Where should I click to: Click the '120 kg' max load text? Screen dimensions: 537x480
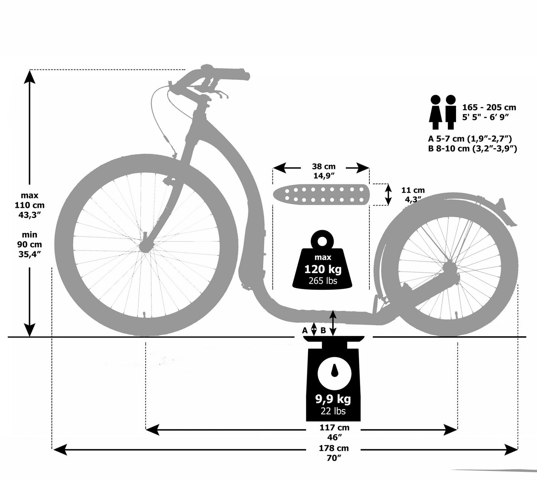(x=323, y=269)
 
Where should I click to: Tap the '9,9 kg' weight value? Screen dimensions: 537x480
(x=333, y=399)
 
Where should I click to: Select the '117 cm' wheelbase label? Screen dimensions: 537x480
(x=334, y=428)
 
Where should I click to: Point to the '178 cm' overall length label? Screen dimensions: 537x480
(x=334, y=448)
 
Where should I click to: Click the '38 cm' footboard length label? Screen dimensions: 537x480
(x=324, y=166)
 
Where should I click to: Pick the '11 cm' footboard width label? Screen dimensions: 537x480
(x=413, y=190)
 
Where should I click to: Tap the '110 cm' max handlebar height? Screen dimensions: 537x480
(x=29, y=205)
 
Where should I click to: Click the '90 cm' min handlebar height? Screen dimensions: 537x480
(x=29, y=244)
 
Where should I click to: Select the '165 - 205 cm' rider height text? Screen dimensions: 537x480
(x=489, y=108)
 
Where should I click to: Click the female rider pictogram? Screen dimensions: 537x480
(x=436, y=112)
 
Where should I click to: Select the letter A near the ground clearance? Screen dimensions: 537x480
(x=305, y=330)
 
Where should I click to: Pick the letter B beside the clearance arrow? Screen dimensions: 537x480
(x=323, y=330)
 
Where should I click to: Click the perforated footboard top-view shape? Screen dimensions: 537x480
(x=321, y=194)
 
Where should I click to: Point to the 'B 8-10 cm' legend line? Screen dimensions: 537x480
(x=473, y=148)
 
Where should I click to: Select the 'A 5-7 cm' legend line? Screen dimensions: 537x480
(x=470, y=138)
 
